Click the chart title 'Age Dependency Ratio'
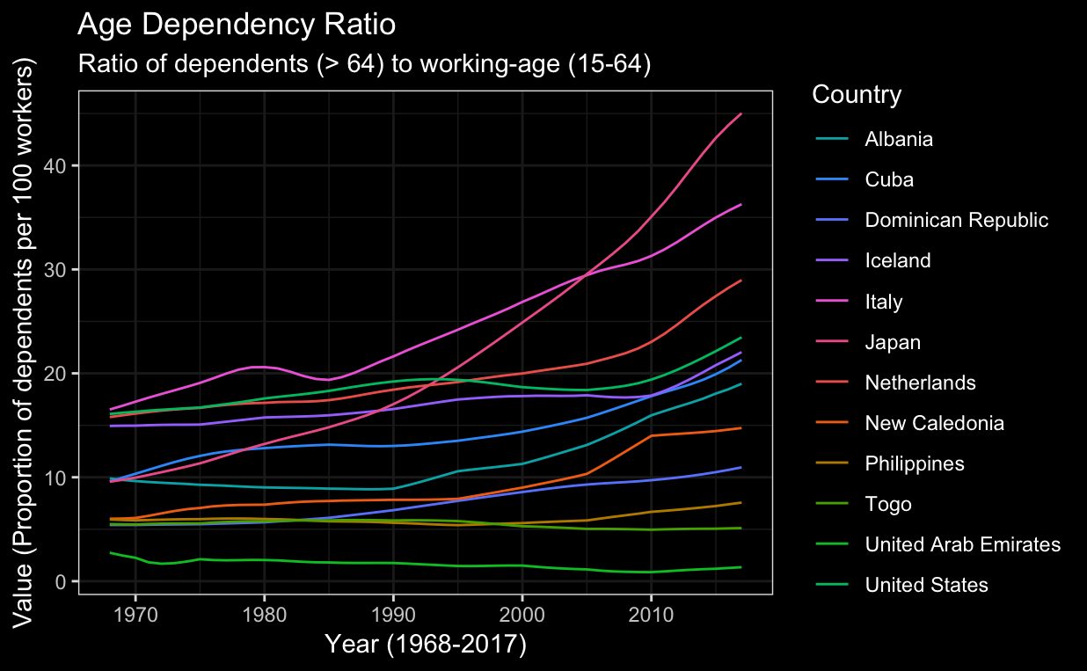pyautogui.click(x=237, y=25)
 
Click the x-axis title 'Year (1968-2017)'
pyautogui.click(x=426, y=645)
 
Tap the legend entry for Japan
pyautogui.click(x=893, y=342)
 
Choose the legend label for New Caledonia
pyautogui.click(x=934, y=423)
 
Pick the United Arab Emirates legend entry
pyautogui.click(x=962, y=544)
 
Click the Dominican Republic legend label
pyautogui.click(x=956, y=220)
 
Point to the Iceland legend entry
pyautogui.click(x=897, y=260)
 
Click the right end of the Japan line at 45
pyautogui.click(x=741, y=114)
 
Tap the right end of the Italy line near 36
pyautogui.click(x=741, y=205)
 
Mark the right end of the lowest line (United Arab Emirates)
pyautogui.click(x=741, y=567)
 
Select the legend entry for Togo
pyautogui.click(x=887, y=504)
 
